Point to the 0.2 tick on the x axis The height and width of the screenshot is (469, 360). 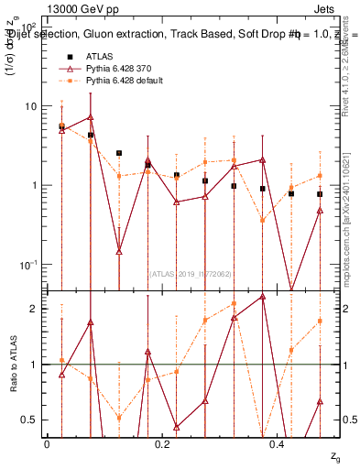pos(162,442)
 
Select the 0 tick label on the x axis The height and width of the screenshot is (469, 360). pos(47,442)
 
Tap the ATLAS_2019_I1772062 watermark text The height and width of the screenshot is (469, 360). pos(189,274)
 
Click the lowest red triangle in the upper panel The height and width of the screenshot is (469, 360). pos(119,251)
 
